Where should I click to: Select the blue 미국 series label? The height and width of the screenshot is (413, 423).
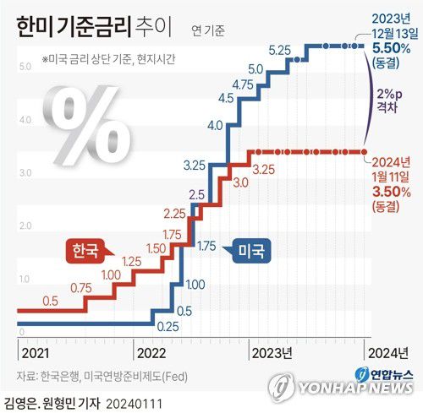[x=252, y=251]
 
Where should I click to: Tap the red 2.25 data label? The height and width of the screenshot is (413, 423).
[x=174, y=212]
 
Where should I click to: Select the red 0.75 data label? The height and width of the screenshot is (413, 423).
[x=81, y=288]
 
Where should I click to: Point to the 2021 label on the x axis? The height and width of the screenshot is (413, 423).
[x=35, y=352]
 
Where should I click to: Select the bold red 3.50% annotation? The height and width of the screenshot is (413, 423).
[x=391, y=192]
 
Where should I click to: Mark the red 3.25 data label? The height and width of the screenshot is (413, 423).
[x=263, y=170]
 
